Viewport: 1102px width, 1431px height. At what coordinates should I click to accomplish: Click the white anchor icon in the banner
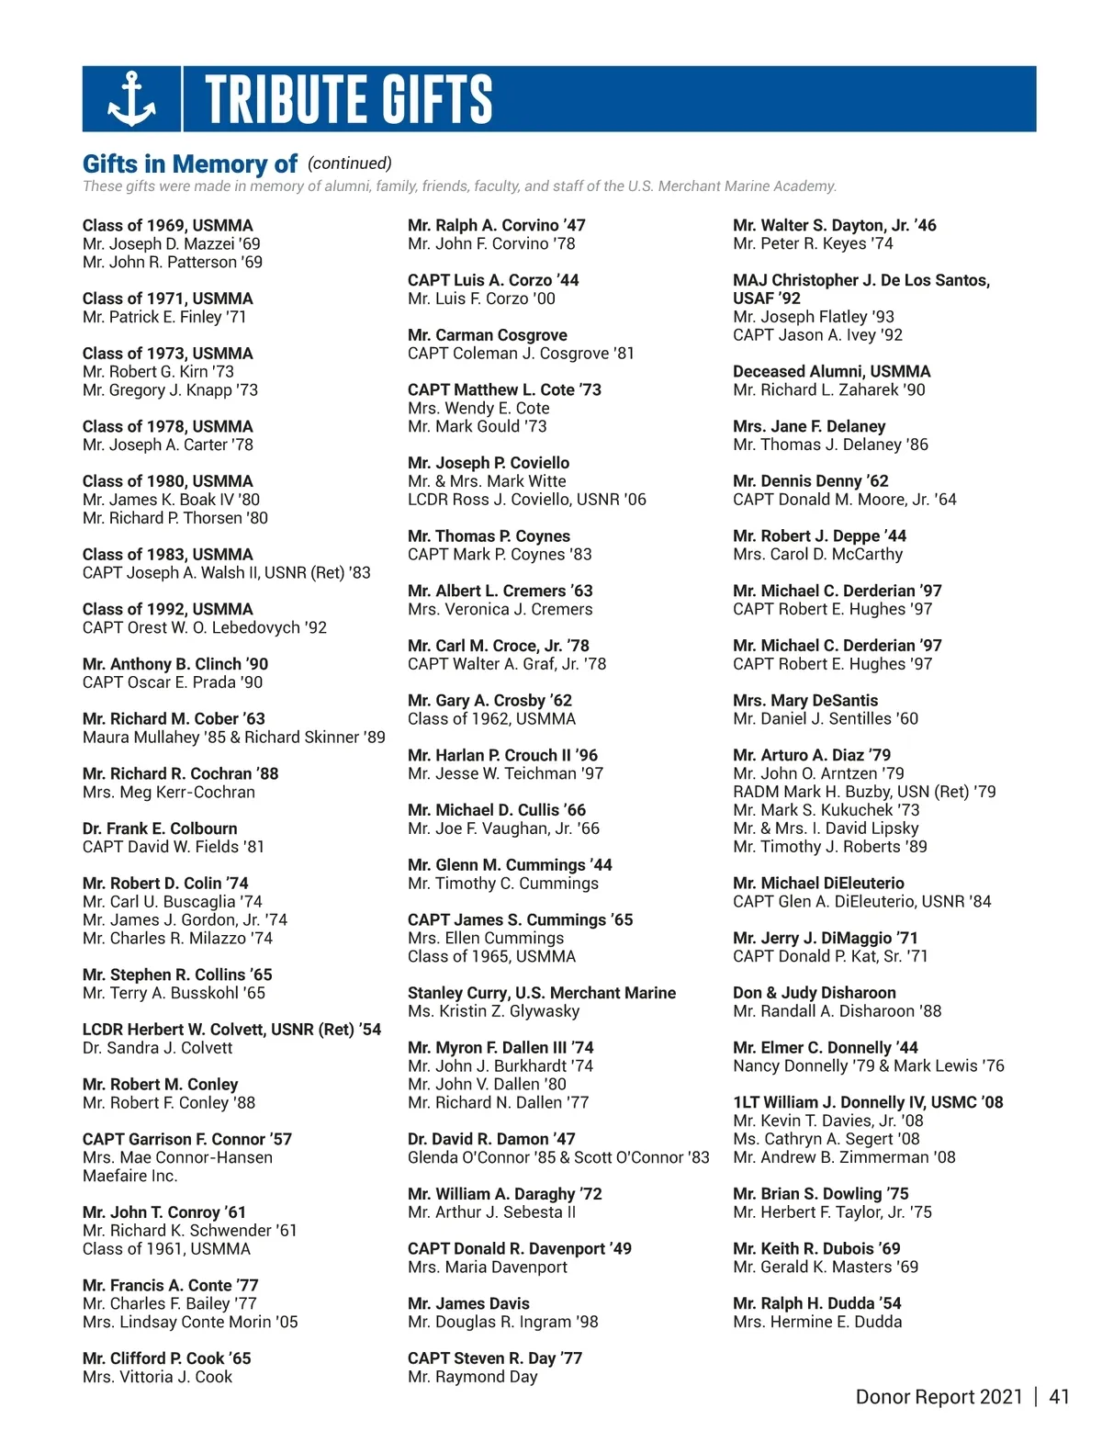[132, 98]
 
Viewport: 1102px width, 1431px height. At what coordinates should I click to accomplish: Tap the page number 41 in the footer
[1059, 1397]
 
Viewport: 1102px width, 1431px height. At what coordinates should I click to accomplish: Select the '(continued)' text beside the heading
[349, 163]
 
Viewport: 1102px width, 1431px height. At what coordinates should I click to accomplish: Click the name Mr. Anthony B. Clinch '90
[175, 664]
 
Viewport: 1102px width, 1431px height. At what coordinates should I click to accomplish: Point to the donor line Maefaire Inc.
[129, 1176]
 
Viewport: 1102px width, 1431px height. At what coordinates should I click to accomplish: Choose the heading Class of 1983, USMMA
[167, 554]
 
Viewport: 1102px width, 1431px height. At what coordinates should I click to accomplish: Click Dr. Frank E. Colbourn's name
[160, 828]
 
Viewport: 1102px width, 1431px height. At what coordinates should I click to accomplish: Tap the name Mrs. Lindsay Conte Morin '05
[190, 1322]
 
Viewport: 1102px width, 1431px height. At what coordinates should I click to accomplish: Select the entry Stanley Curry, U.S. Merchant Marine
[541, 993]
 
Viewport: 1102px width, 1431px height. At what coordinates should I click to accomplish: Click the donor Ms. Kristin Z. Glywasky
[493, 1011]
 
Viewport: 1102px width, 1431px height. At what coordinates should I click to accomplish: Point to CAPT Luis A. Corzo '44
[493, 280]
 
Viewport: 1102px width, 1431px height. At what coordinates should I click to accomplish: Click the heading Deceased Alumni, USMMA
[831, 371]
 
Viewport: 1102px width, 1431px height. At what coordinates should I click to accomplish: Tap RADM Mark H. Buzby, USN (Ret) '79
[864, 792]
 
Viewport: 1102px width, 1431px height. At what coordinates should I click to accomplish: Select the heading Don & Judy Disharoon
[814, 993]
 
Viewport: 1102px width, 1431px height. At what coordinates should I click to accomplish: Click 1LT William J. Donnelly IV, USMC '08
[868, 1102]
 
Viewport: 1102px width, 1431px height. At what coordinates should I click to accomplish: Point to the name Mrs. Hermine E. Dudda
[817, 1322]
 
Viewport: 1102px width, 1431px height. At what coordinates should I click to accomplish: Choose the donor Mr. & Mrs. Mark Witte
[487, 481]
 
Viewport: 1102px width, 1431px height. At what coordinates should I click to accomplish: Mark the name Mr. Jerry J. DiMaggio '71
[825, 938]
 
